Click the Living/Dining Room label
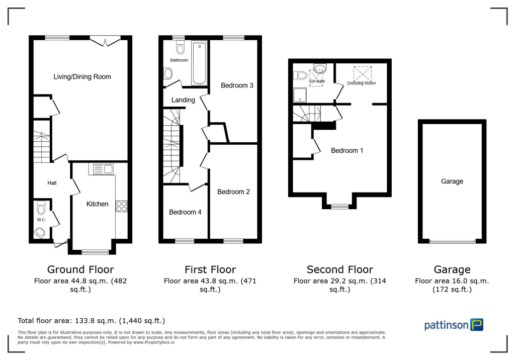(x=82, y=77)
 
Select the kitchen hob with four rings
(x=121, y=206)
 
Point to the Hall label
(x=52, y=183)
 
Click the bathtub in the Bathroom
(x=199, y=63)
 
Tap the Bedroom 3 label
(x=237, y=85)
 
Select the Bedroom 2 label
(x=233, y=192)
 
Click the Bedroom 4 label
(x=185, y=212)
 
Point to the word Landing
(x=183, y=100)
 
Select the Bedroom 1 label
(x=347, y=150)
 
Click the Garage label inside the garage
(x=452, y=182)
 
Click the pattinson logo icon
(x=476, y=324)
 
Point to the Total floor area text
(x=91, y=320)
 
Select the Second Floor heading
(x=340, y=270)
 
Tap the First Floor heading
(x=210, y=270)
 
